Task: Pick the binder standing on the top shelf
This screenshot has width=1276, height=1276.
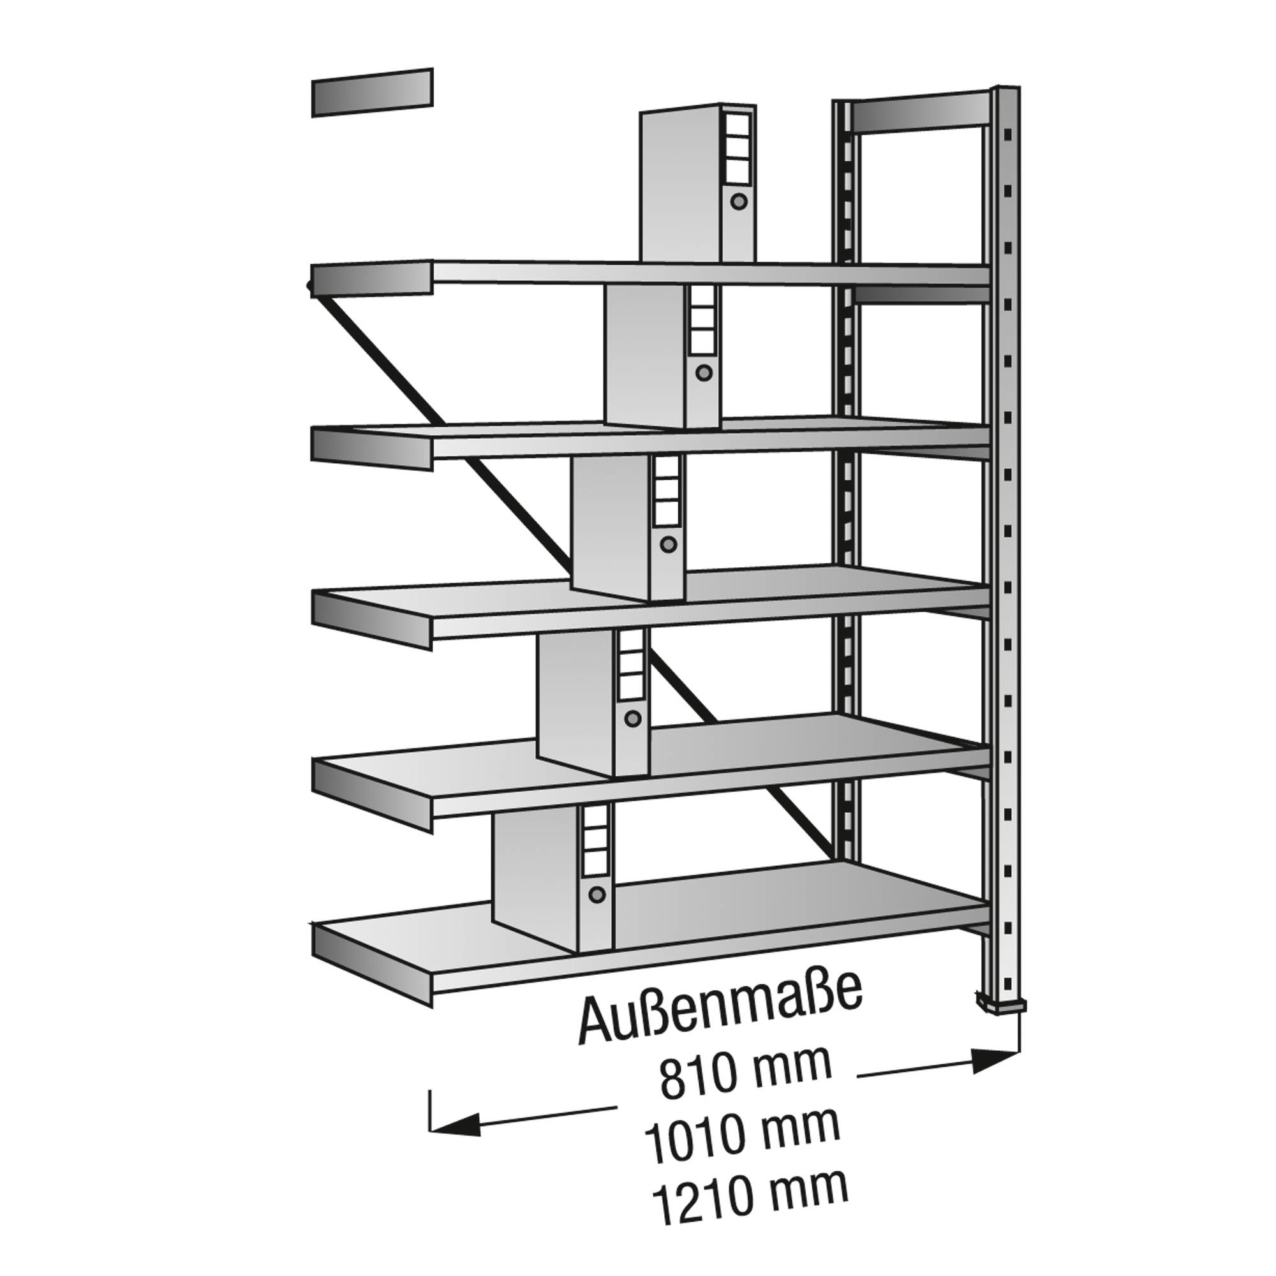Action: pos(698,184)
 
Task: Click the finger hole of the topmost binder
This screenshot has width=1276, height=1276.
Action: pos(739,201)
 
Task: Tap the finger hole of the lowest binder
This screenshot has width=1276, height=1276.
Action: pos(597,895)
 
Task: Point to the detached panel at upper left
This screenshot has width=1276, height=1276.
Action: pos(373,93)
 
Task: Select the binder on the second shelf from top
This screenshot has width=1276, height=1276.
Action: pos(663,356)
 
